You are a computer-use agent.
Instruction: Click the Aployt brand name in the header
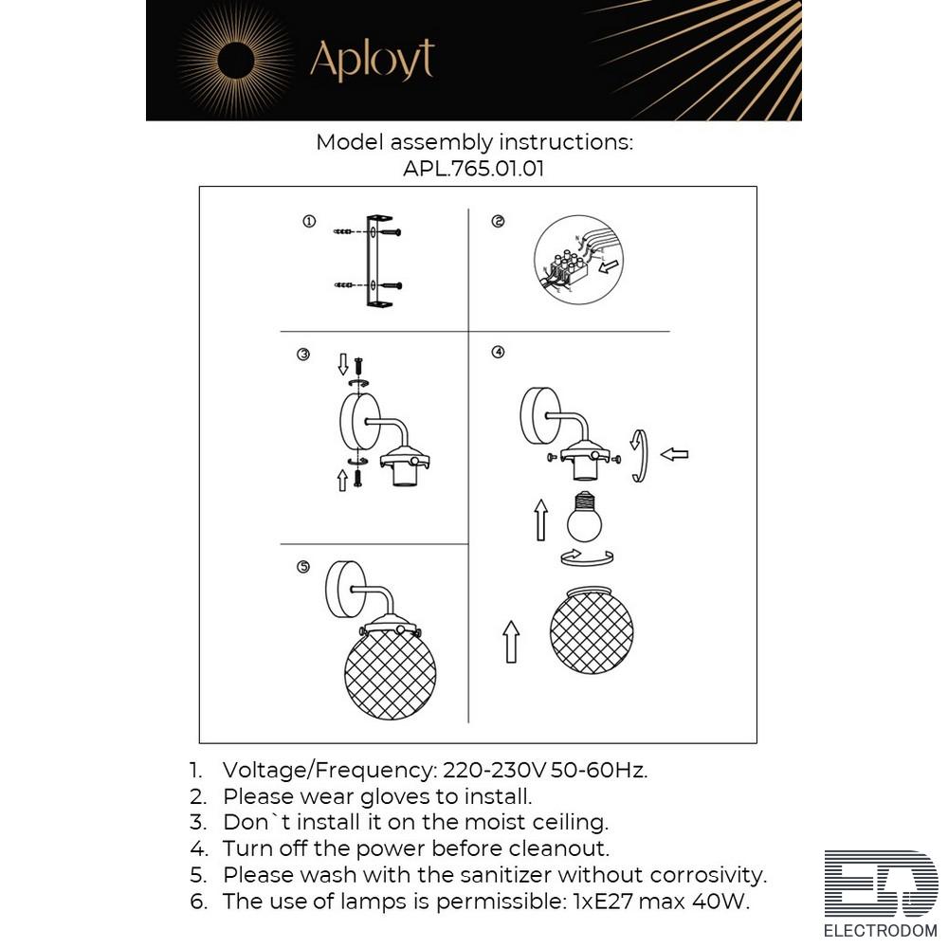[x=372, y=60]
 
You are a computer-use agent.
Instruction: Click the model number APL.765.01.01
[x=473, y=168]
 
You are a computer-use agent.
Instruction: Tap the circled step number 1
[x=309, y=221]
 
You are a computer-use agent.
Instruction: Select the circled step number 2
[x=498, y=221]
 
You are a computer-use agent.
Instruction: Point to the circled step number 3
[x=303, y=355]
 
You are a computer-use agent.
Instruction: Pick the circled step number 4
[x=498, y=352]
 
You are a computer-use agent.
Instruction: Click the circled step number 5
[x=303, y=567]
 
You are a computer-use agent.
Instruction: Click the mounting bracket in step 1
[x=379, y=261]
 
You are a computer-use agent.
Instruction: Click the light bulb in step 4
[x=584, y=516]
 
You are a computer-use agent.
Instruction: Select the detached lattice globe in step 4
[x=592, y=629]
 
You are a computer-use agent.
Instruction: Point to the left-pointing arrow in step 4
[x=674, y=454]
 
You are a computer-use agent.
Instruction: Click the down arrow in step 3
[x=343, y=365]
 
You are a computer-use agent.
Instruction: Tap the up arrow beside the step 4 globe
[x=511, y=642]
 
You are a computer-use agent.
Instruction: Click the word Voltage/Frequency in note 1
[x=330, y=770]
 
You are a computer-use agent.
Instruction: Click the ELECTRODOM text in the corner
[x=881, y=931]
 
